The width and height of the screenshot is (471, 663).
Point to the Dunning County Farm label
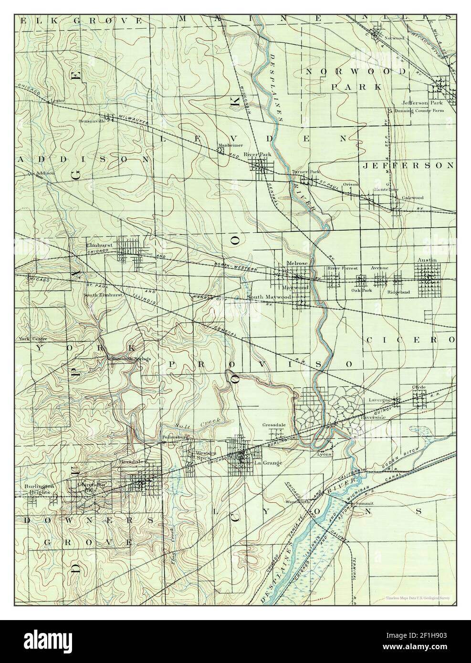(419, 111)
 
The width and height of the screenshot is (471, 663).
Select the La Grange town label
(263, 463)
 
